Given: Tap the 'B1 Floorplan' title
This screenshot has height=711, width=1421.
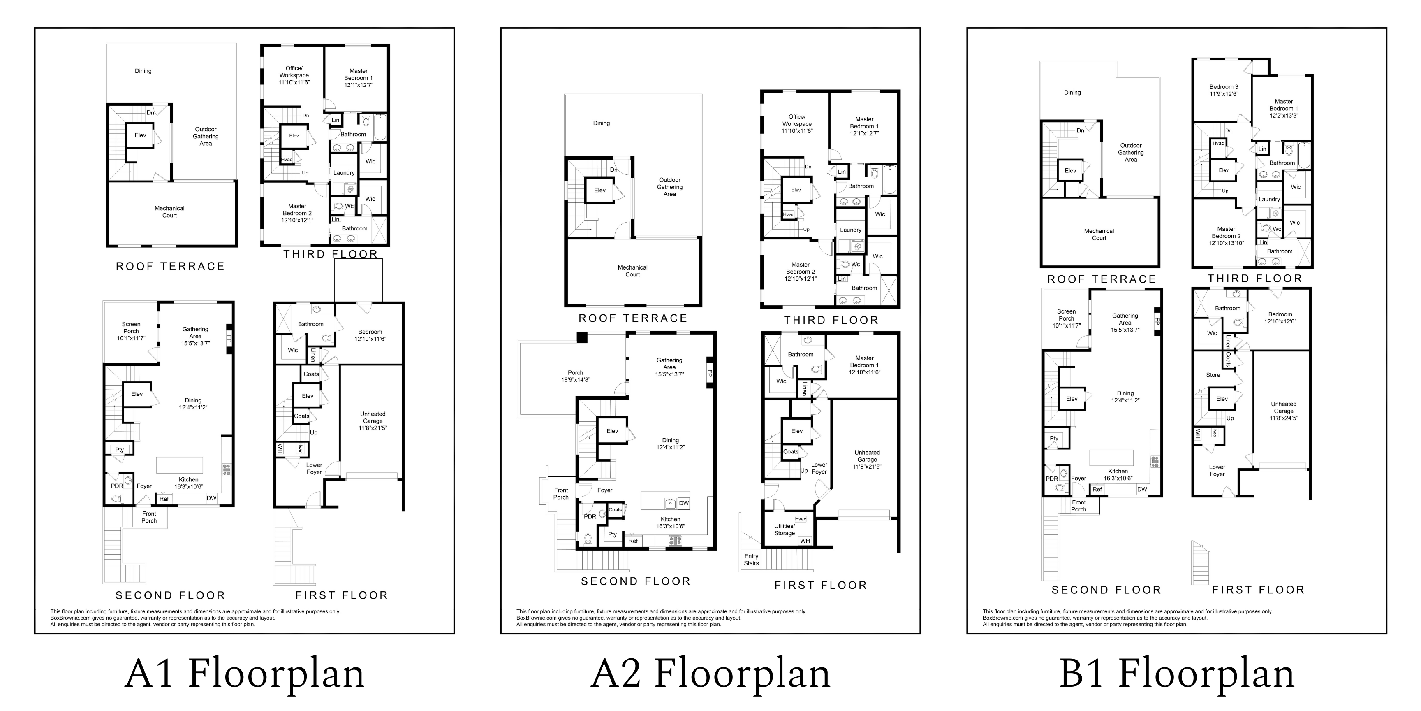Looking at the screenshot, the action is point(1177,674).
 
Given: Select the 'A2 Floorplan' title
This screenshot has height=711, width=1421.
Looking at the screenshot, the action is point(710,674).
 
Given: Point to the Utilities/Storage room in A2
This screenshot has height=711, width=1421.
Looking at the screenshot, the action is point(785,530).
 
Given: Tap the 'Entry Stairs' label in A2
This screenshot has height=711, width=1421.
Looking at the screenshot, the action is point(751,560).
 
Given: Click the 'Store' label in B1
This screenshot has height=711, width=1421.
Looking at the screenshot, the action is point(1213,375).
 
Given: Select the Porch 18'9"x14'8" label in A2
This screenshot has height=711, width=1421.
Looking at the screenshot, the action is point(575,376).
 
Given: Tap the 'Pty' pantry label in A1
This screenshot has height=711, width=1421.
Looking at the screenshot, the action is point(120,450).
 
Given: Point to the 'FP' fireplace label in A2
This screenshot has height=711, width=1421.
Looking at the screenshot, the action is point(710,374).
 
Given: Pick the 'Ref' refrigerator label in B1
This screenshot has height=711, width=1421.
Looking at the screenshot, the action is point(1097,490).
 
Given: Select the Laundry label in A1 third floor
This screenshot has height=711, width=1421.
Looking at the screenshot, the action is point(344,173).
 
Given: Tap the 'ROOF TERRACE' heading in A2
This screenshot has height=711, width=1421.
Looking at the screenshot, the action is point(633,318).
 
